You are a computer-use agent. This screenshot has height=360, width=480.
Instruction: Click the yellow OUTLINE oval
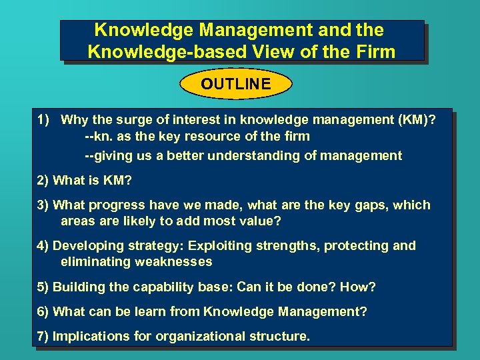pyautogui.click(x=236, y=84)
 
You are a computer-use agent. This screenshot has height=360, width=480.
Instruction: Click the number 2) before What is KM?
pyautogui.click(x=43, y=180)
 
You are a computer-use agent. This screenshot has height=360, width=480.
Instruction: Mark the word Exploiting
pyautogui.click(x=202, y=246)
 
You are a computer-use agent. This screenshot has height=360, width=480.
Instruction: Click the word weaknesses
pyautogui.click(x=169, y=262)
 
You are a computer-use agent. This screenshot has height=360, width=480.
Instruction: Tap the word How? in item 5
pyautogui.click(x=358, y=287)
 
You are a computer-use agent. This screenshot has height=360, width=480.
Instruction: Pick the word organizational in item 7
pyautogui.click(x=203, y=336)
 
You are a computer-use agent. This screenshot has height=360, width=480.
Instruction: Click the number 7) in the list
pyautogui.click(x=43, y=336)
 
